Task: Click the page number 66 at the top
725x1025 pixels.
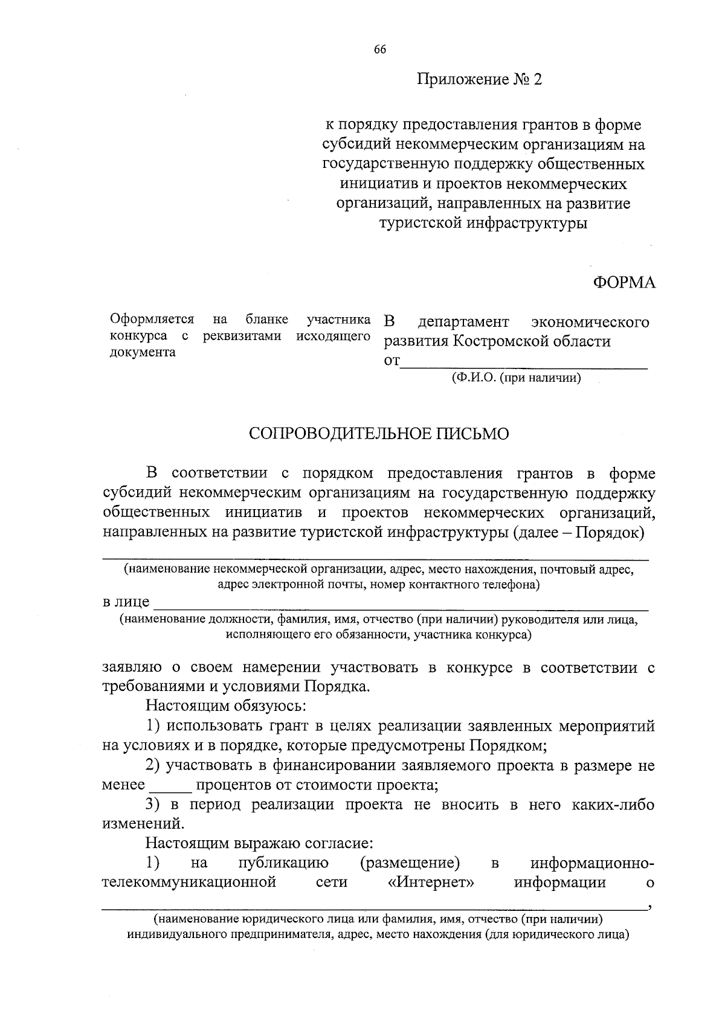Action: coord(380,50)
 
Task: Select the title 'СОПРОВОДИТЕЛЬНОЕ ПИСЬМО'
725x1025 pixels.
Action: coord(379,434)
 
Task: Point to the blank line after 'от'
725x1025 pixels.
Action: coord(524,364)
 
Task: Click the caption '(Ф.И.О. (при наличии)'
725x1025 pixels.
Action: coord(516,379)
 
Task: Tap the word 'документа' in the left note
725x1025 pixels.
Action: coord(143,353)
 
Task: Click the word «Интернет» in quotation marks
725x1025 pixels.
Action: coord(430,882)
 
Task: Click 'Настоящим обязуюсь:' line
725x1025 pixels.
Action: coord(226,705)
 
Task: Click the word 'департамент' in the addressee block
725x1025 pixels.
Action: coord(464,322)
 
